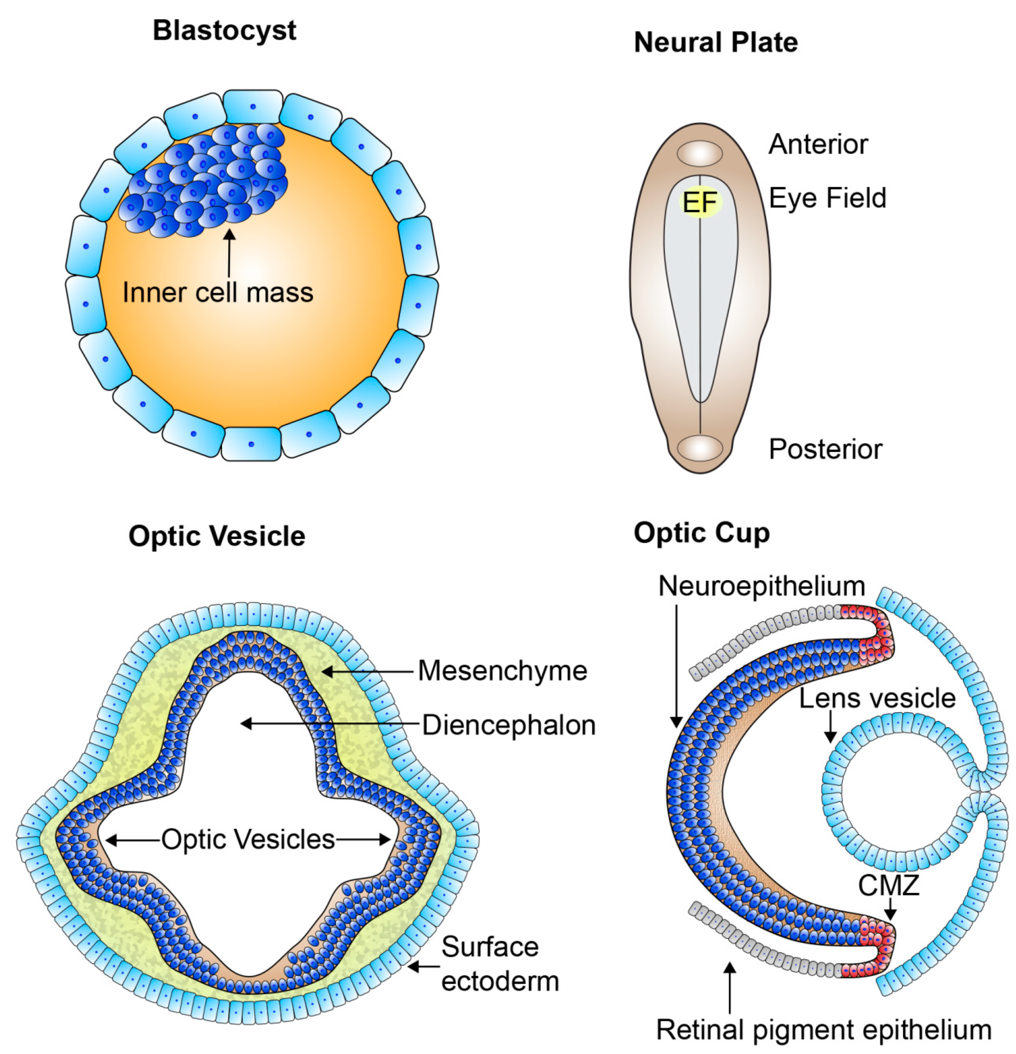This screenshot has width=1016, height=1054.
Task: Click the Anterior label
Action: tap(817, 144)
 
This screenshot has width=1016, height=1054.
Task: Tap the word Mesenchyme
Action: tap(502, 671)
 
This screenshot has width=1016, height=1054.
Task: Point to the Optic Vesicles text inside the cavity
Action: tap(248, 839)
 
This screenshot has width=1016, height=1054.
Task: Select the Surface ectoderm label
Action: tap(499, 964)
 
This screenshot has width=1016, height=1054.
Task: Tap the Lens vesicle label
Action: tap(877, 698)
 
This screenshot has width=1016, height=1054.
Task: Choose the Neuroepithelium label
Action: tap(761, 586)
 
